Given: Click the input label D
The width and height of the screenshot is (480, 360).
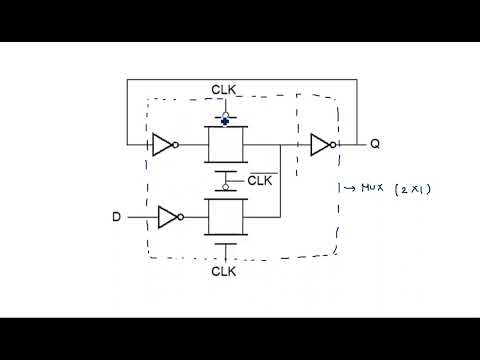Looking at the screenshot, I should click(116, 215).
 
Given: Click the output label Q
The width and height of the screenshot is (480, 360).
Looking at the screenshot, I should click(375, 144).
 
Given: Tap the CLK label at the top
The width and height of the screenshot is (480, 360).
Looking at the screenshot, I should click(224, 91).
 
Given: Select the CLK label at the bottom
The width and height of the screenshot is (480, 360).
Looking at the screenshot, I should click(224, 271).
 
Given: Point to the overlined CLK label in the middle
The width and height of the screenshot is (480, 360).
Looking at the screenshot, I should click(259, 180).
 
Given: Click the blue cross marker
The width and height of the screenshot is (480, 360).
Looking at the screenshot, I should click(225, 118).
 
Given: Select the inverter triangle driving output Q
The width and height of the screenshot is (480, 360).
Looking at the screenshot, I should click(321, 145).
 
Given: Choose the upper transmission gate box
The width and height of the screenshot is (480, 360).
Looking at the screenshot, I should click(225, 145).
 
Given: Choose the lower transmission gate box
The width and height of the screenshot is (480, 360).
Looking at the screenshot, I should click(225, 215).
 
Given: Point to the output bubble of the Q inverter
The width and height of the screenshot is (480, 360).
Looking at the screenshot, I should click(336, 145).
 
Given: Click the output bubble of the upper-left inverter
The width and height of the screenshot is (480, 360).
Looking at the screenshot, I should click(176, 145).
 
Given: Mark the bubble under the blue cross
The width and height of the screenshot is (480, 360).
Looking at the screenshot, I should click(225, 125).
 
